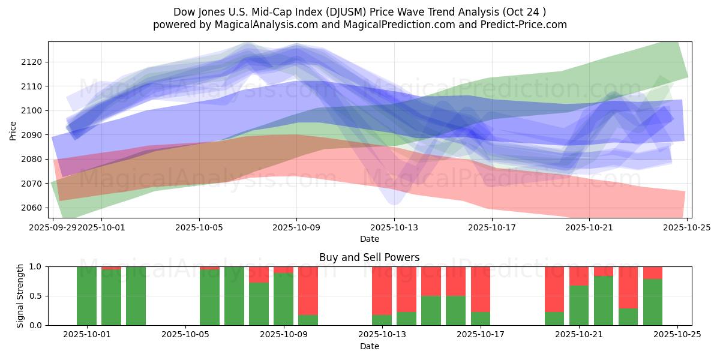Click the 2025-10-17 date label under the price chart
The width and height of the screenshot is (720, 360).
point(491,228)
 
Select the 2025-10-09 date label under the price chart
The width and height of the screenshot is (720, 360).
point(296,228)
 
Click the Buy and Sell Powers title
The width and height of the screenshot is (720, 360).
point(369,257)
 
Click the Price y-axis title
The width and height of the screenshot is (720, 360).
point(13,130)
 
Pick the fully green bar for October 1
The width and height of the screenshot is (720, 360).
point(87,296)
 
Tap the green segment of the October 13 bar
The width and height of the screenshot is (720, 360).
point(382,320)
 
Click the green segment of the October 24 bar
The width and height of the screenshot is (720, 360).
point(653,302)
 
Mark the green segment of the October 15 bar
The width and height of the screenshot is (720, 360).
point(431,311)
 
